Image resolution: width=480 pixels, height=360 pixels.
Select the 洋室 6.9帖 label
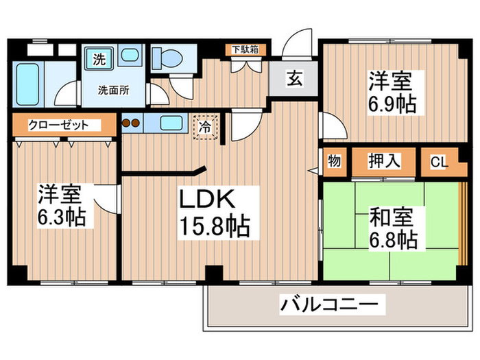point(392,93)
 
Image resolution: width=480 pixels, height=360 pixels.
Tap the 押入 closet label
point(385,162)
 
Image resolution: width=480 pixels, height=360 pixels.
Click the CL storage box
point(439,162)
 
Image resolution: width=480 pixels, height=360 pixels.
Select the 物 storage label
point(334,162)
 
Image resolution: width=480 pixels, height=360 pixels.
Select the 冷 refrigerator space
point(206,126)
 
